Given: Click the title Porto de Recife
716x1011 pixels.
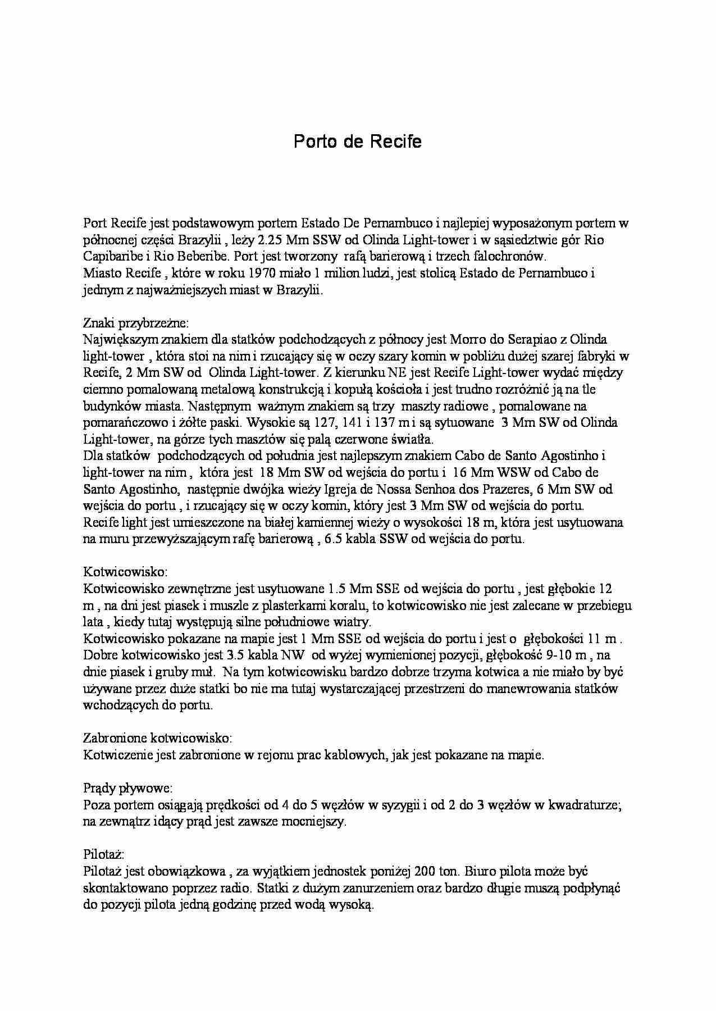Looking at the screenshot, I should click(357, 142).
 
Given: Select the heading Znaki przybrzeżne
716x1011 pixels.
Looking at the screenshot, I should click(136, 324).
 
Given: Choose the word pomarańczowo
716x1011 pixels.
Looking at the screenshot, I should click(122, 423).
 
